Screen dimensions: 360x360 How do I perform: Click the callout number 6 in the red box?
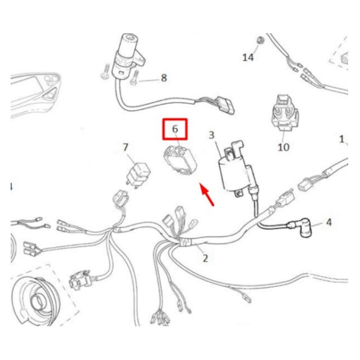click(x=175, y=129)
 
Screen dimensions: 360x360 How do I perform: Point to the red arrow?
click(x=207, y=195)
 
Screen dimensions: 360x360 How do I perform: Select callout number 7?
click(x=125, y=147)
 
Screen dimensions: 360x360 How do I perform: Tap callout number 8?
click(x=164, y=78)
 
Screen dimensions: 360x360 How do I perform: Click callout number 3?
click(x=211, y=135)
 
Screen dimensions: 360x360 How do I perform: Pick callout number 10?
click(x=283, y=147)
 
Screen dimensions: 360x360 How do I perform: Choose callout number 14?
click(x=248, y=57)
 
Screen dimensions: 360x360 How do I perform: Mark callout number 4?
click(x=329, y=222)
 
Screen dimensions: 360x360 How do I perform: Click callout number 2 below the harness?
click(x=205, y=258)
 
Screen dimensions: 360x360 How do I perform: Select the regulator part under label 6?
click(x=181, y=160)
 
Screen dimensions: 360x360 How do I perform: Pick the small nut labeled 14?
click(x=260, y=40)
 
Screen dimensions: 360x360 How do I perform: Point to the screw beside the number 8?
click(x=134, y=78)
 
